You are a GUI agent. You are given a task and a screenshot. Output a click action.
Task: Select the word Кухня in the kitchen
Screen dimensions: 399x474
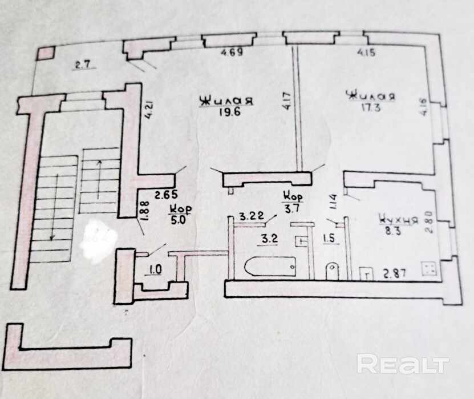click(x=393, y=218)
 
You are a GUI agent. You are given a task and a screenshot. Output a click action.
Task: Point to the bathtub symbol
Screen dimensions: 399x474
click(x=269, y=266)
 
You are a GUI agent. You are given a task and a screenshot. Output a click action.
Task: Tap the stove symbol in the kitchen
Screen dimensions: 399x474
click(x=428, y=269)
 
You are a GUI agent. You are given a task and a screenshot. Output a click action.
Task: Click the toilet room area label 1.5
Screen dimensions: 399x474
click(x=329, y=239)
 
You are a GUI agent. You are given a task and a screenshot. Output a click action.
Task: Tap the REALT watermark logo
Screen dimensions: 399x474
click(x=403, y=364)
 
